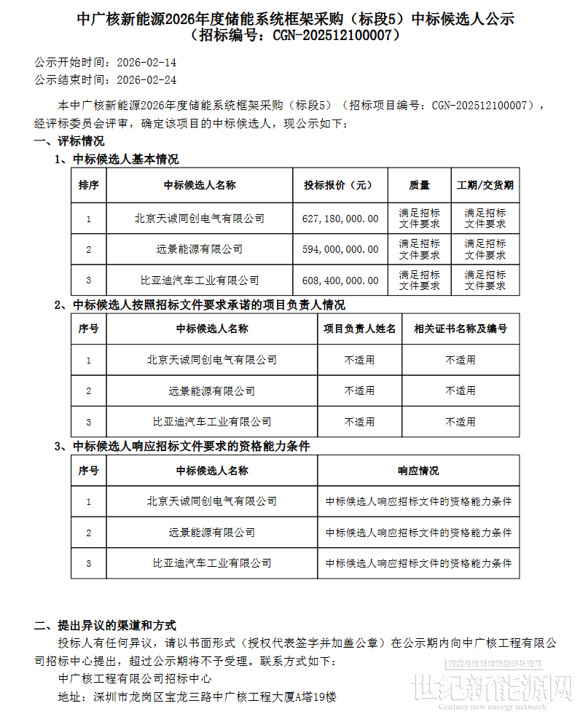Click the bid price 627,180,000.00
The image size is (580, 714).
tap(340, 219)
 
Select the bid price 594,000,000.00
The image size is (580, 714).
tap(340, 249)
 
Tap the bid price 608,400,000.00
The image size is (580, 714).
tap(340, 280)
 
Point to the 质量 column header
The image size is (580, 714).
tap(419, 186)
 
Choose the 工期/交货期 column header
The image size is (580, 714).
tap(485, 186)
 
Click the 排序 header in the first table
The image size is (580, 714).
tap(89, 186)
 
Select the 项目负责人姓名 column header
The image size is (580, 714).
tap(359, 329)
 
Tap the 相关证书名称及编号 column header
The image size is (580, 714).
tap(460, 329)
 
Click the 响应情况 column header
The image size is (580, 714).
tap(418, 471)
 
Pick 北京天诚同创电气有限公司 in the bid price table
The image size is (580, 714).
tap(200, 219)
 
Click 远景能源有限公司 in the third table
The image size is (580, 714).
tap(212, 533)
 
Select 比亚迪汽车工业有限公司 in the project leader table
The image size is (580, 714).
tap(212, 422)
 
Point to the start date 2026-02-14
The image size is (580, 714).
tap(146, 63)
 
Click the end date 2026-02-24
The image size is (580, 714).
tap(146, 80)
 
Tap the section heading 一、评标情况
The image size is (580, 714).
tap(69, 141)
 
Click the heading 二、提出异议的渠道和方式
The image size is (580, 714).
tap(105, 626)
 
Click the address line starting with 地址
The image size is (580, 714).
tap(197, 697)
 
